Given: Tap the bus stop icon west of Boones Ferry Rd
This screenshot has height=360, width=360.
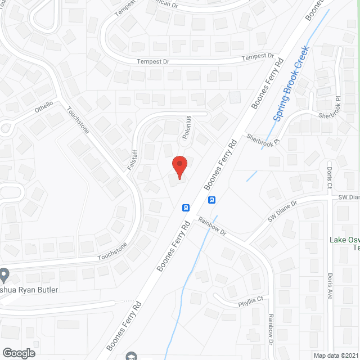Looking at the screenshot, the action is (185, 207).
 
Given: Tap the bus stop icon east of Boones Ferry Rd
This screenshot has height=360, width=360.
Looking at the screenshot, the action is (212, 199).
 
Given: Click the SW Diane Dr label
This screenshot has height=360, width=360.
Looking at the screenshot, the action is (281, 213).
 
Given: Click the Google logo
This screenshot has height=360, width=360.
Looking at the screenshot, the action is (19, 353).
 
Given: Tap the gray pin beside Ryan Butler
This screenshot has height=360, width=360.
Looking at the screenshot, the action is (4, 276).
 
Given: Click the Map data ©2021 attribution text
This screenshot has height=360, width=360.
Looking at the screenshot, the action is (336, 355).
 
